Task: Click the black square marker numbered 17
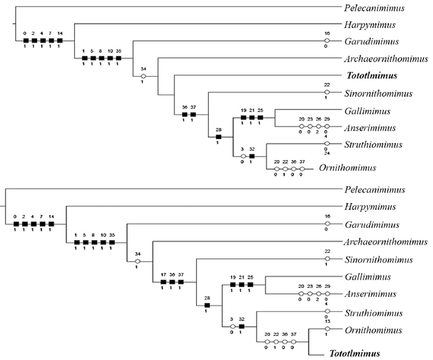[163, 281]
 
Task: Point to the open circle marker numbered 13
[327, 329]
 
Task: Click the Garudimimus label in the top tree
[369, 42]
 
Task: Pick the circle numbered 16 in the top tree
[327, 41]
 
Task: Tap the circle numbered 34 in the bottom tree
[138, 261]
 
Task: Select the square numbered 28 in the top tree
[219, 137]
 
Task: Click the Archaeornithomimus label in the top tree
[386, 59]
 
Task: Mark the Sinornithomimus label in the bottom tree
[378, 260]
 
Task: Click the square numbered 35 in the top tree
[119, 58]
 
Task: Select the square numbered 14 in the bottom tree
[52, 224]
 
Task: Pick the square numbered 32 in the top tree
[252, 156]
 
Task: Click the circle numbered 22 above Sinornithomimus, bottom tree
[327, 260]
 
